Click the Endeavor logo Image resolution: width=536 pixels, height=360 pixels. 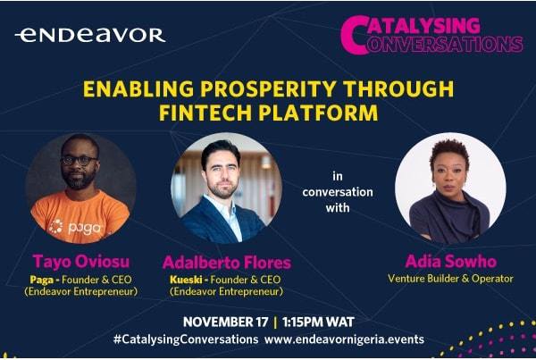pyautogui.click(x=90, y=35)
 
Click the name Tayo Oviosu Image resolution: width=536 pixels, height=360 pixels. pyautogui.click(x=81, y=262)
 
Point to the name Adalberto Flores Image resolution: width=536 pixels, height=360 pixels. pyautogui.click(x=227, y=263)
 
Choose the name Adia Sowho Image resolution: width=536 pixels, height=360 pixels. pyautogui.click(x=450, y=262)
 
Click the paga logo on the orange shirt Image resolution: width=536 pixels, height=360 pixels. pyautogui.click(x=76, y=228)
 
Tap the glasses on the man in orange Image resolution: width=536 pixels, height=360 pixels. pyautogui.click(x=79, y=160)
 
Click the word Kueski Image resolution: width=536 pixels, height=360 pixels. pyautogui.click(x=186, y=280)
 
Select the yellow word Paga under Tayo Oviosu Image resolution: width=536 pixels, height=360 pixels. pyautogui.click(x=42, y=280)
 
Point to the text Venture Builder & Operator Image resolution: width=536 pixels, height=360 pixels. pyautogui.click(x=450, y=279)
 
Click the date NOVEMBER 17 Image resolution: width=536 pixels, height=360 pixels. pyautogui.click(x=226, y=322)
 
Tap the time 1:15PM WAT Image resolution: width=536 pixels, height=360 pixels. pyautogui.click(x=318, y=322)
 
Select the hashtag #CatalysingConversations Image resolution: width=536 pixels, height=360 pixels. pyautogui.click(x=186, y=339)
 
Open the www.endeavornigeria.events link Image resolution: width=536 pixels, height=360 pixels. pyautogui.click(x=344, y=339)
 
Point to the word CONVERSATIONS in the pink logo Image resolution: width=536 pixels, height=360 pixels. pyautogui.click(x=444, y=44)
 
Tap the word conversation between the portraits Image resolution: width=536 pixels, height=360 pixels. pyautogui.click(x=338, y=192)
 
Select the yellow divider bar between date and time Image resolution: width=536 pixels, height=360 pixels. pyautogui.click(x=275, y=322)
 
